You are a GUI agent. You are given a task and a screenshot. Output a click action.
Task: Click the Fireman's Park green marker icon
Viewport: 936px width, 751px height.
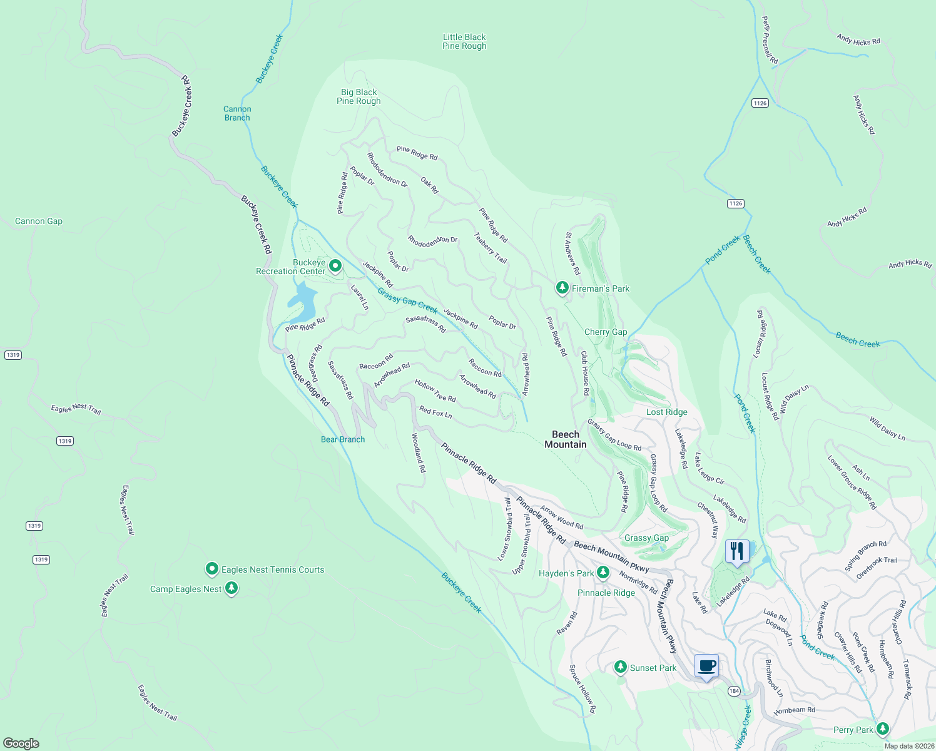(562, 288)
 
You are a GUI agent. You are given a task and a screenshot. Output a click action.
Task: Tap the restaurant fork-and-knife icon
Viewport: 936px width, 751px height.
(737, 551)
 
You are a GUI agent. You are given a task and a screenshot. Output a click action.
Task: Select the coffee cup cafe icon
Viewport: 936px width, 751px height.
(706, 667)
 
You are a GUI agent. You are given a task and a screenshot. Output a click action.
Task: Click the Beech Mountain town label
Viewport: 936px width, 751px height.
(566, 439)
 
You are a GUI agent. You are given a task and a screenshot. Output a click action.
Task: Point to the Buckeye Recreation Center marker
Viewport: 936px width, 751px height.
(335, 266)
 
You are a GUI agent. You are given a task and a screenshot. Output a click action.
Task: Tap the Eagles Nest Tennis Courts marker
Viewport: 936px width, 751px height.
(212, 569)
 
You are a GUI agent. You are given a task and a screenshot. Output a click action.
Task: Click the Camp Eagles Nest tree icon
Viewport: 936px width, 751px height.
(231, 588)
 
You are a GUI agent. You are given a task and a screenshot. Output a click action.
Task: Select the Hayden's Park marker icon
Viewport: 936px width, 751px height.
(603, 572)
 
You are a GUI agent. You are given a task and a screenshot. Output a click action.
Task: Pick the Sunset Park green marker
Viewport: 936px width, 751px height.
(620, 667)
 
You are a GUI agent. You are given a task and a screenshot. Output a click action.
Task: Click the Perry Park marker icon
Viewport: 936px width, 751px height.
(883, 728)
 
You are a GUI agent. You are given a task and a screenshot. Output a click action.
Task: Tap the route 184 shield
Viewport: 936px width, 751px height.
(734, 692)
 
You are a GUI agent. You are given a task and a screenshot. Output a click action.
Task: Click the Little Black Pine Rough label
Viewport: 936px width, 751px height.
(464, 41)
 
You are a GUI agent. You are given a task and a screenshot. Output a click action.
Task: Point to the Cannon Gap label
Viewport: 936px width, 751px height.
(39, 221)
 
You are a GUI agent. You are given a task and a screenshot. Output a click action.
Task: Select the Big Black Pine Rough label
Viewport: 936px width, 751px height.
(359, 96)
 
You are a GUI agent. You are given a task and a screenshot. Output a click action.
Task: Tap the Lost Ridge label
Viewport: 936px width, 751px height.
(666, 412)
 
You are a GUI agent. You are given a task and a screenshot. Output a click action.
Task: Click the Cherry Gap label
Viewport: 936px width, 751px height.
(605, 332)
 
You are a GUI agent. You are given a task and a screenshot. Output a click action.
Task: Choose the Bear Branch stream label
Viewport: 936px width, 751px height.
(343, 439)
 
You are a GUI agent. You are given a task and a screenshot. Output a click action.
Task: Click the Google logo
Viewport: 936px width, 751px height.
(21, 743)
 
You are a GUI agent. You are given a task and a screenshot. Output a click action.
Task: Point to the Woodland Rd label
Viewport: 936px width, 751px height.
(419, 452)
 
